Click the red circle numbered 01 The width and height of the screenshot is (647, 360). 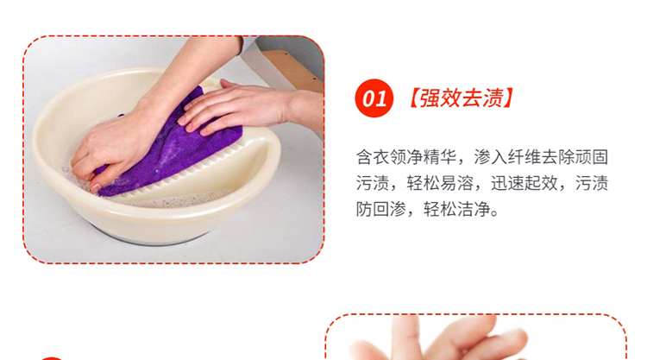374,98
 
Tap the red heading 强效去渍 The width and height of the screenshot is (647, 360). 462,98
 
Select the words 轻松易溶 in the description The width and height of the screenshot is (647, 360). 440,183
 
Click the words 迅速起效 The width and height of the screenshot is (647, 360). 524,183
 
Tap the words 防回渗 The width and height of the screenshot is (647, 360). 381,209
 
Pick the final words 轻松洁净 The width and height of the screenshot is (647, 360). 457,209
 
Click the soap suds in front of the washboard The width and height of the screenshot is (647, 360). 181,201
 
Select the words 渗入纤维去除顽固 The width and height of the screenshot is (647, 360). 541,157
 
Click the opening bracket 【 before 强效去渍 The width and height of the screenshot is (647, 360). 413,98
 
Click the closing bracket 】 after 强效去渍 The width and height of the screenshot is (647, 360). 510,98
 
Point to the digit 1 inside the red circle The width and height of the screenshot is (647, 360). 381,99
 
